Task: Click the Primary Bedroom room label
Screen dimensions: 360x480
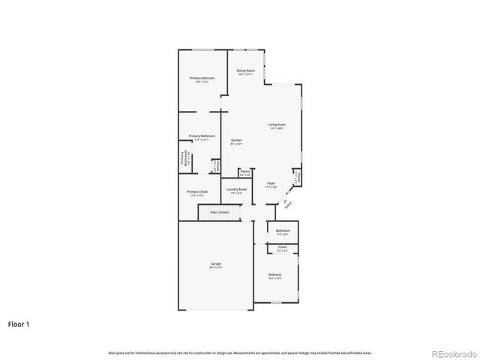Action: [202, 78]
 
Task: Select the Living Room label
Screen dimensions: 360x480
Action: [277, 124]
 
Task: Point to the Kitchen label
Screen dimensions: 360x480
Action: [236, 141]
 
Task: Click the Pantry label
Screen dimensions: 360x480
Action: [245, 171]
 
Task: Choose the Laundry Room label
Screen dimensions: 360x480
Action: [236, 190]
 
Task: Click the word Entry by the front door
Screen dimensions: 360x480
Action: [289, 204]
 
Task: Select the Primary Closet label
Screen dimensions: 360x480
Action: [197, 192]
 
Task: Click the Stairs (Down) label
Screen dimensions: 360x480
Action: [219, 212]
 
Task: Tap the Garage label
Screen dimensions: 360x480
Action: [215, 263]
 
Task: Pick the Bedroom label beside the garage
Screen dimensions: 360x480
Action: [275, 274]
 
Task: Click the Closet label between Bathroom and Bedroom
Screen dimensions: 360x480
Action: [283, 247]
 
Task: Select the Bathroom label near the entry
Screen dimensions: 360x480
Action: [283, 230]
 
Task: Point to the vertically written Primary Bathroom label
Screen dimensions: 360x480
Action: [183, 158]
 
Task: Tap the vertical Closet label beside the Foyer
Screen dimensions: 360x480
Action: [298, 177]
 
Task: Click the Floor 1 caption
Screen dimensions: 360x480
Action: [19, 325]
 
